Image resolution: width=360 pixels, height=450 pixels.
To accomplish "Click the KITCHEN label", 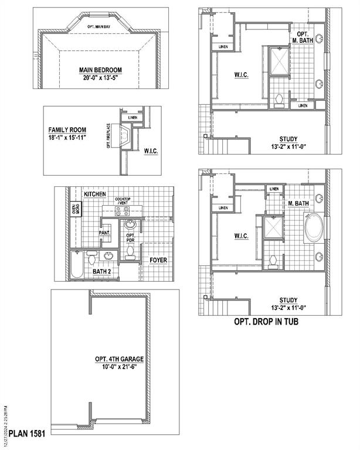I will pos(94,194).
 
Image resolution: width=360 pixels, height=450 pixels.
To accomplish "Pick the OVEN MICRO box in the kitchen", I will pos(75,209).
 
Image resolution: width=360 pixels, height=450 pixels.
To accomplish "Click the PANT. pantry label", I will pos(105,233).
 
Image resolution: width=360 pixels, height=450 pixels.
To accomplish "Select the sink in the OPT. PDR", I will pos(130,225).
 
